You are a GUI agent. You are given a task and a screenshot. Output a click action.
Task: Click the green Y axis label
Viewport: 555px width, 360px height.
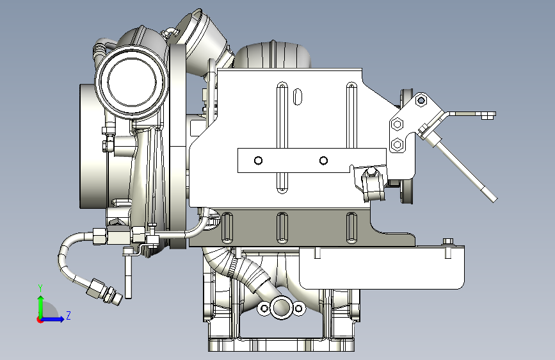pos(40,288)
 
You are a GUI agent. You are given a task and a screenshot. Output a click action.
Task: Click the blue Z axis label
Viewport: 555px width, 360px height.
pos(68,315)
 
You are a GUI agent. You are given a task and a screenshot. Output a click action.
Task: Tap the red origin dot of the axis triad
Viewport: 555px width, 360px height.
pos(40,320)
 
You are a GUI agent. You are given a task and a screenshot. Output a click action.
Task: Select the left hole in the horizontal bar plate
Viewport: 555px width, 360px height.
pos(259,161)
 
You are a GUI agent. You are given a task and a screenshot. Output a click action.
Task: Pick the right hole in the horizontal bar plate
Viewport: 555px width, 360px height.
pos(323,161)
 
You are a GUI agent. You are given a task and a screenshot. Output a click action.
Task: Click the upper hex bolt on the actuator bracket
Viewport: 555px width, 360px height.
pos(398,124)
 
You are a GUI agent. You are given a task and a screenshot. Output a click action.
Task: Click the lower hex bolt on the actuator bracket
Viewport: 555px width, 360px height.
pos(397,145)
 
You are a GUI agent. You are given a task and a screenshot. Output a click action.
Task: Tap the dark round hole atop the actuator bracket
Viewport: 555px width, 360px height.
pos(421,101)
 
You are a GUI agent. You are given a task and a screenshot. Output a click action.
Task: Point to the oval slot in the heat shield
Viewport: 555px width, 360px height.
pos(298,97)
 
